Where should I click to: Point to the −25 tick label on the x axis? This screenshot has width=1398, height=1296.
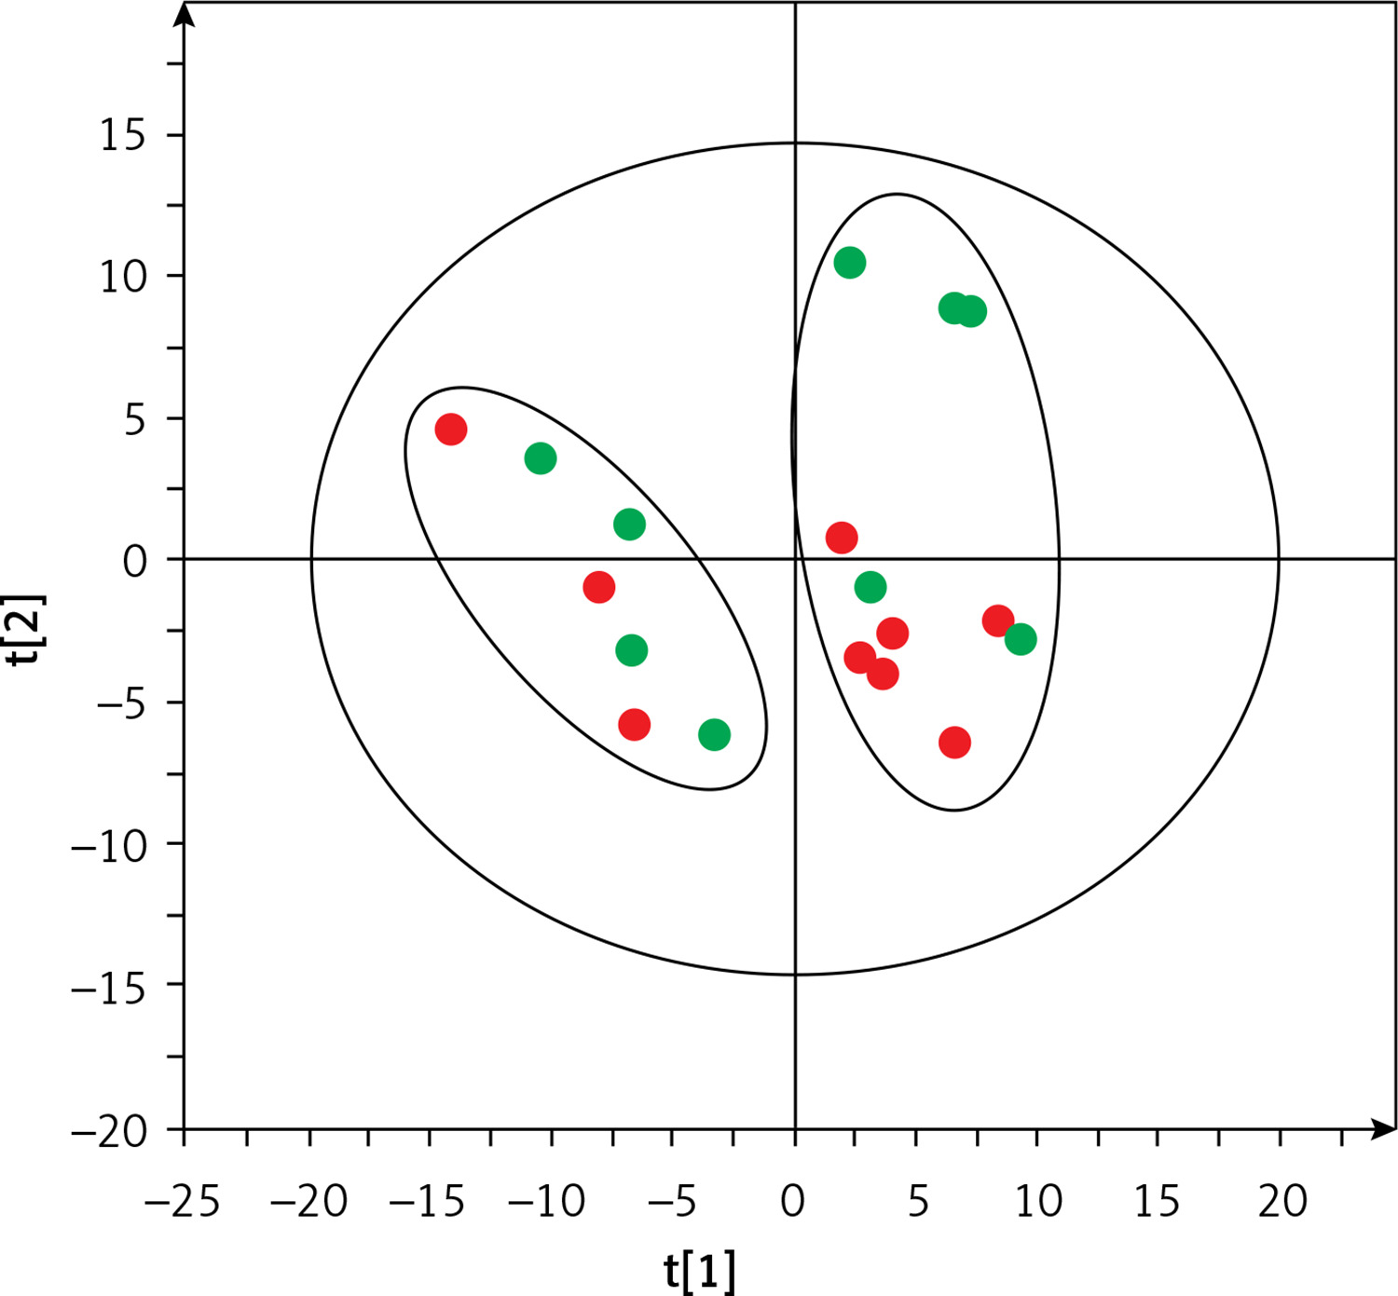coord(182,1202)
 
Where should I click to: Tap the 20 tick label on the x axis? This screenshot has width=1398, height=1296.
coord(1282,1202)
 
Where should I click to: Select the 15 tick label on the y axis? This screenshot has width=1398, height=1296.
coord(123,136)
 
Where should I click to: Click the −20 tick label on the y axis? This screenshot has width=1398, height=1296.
coord(109,1132)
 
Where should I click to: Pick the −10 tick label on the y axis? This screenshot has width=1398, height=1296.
coord(109,846)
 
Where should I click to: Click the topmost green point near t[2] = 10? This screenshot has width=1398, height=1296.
coord(849,263)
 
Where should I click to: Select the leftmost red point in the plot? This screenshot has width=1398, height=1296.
coord(450,430)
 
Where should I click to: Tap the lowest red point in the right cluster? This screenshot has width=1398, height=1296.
coord(954,743)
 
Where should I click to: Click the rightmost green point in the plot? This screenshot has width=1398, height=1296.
coord(1021,639)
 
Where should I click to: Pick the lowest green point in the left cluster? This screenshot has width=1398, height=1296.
coord(714,735)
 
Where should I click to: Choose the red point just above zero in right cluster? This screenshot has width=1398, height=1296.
coord(842,538)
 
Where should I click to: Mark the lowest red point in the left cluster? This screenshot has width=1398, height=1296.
coord(634,724)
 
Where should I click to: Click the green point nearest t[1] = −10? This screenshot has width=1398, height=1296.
coord(541,458)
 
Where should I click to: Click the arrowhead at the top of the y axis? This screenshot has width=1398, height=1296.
coord(185,13)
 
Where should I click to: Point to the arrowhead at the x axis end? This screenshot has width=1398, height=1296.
coord(1387,1130)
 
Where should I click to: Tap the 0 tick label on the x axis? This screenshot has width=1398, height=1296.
coord(793,1202)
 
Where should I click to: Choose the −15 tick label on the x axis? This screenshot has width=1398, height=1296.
coord(428,1202)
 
